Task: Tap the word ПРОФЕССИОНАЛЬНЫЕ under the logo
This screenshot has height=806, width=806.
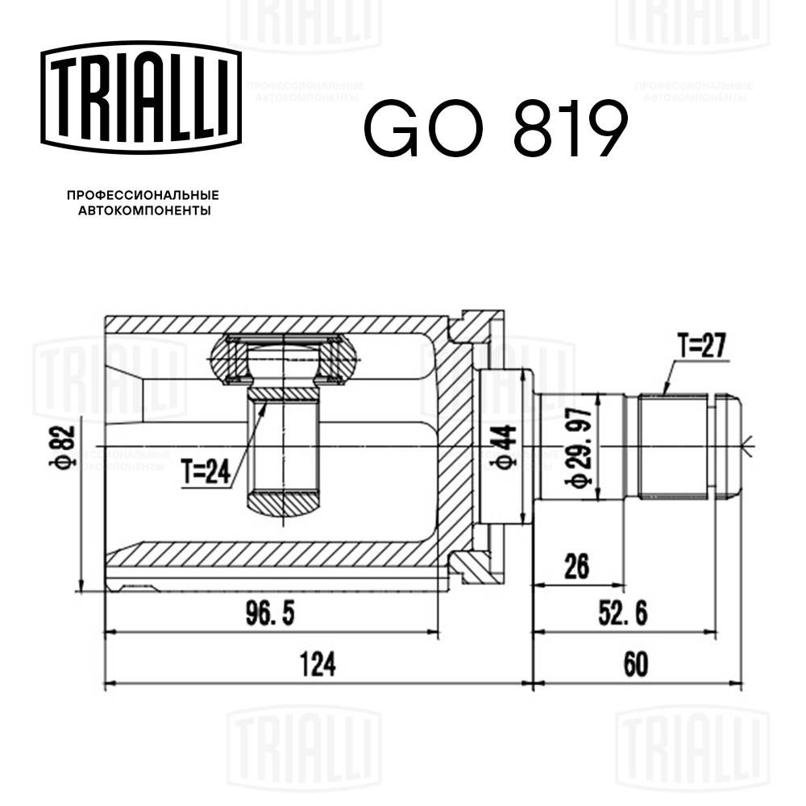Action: pos(143,195)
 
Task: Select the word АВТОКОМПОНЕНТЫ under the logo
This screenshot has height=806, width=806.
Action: pos(143,211)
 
